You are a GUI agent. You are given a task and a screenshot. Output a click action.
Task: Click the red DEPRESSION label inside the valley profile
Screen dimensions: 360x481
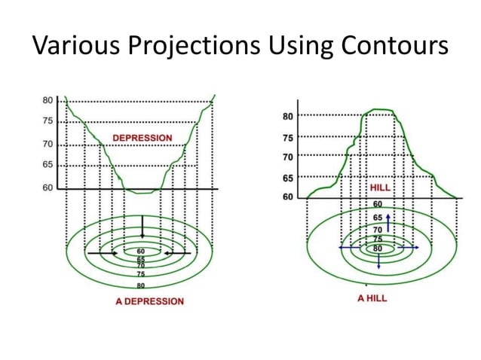[x=142, y=138]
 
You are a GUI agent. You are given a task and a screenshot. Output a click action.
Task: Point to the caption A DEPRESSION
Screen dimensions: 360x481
[x=142, y=301]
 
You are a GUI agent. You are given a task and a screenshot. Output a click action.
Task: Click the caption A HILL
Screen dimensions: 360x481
[x=372, y=298]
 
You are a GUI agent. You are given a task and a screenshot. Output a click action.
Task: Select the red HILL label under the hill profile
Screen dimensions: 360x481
[x=380, y=187]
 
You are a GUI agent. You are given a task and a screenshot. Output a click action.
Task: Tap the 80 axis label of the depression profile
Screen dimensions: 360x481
[x=47, y=100]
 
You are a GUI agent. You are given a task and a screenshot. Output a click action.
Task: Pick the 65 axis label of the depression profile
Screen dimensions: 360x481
[x=47, y=164]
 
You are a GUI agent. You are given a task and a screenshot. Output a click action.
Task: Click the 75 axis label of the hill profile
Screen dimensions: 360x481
[x=287, y=138]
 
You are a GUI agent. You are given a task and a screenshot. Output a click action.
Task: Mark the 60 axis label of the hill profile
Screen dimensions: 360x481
[x=287, y=197]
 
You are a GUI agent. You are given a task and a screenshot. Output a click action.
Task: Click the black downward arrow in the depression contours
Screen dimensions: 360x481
[x=142, y=227]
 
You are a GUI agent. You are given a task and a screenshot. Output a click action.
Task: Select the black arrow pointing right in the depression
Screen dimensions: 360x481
[x=103, y=254]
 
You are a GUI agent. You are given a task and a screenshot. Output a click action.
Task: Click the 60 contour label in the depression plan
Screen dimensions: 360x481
[x=141, y=251]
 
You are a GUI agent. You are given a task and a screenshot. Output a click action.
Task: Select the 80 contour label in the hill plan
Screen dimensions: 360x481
[x=377, y=247]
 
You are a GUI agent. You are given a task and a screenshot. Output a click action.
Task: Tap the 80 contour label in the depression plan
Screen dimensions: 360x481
[x=141, y=286]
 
